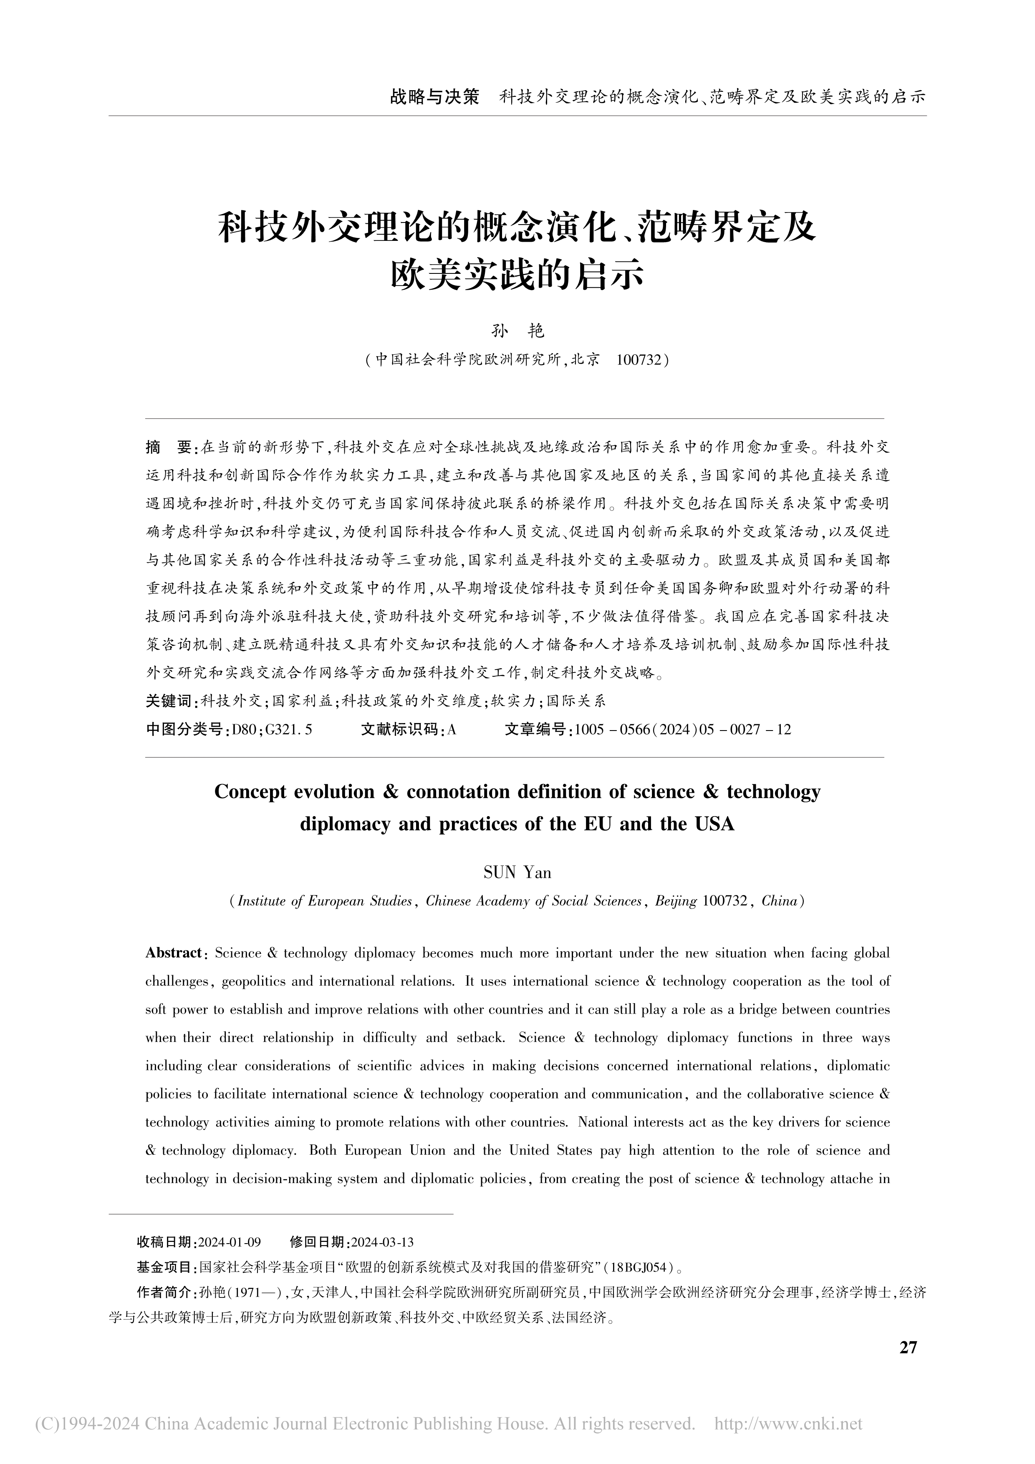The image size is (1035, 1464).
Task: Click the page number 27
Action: point(908,1347)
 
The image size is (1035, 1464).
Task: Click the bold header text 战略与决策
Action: point(434,97)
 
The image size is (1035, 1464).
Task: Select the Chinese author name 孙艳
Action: point(517,330)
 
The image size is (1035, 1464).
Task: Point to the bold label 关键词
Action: point(169,701)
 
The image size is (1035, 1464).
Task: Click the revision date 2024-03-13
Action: point(382,1241)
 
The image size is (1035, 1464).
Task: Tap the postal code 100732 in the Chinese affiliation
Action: point(639,360)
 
